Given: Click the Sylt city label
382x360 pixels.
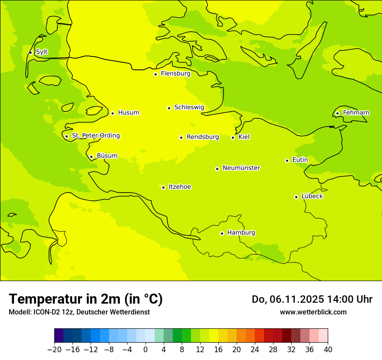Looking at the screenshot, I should [x=42, y=52].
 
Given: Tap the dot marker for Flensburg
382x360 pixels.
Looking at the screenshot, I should [x=155, y=74].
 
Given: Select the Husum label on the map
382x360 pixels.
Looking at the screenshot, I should [x=128, y=113].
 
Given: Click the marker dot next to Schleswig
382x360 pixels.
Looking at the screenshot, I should [x=169, y=108].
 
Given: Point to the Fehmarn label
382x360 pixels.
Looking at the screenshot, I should [x=356, y=113].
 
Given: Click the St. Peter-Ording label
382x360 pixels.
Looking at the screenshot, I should [x=95, y=136].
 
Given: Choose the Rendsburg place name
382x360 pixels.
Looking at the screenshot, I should [x=203, y=137].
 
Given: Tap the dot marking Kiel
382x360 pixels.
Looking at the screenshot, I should [x=233, y=137].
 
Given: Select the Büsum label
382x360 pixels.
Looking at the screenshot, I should [x=107, y=156].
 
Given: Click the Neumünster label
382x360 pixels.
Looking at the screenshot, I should [x=241, y=168].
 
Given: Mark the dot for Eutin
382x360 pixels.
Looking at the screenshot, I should [x=287, y=160].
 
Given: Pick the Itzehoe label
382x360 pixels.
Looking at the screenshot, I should [x=180, y=187].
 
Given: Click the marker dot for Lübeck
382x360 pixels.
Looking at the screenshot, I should [x=296, y=197].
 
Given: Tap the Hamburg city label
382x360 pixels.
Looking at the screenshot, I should [x=241, y=233].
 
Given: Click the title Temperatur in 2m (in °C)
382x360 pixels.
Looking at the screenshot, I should [x=86, y=299].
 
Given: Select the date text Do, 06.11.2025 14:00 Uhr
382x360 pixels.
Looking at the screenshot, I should [x=312, y=299].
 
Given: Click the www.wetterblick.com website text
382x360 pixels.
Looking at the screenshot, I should [x=313, y=312].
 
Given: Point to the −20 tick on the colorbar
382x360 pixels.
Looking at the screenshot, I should [x=55, y=350].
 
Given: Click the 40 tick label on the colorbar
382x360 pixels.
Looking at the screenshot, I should [x=328, y=350].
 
